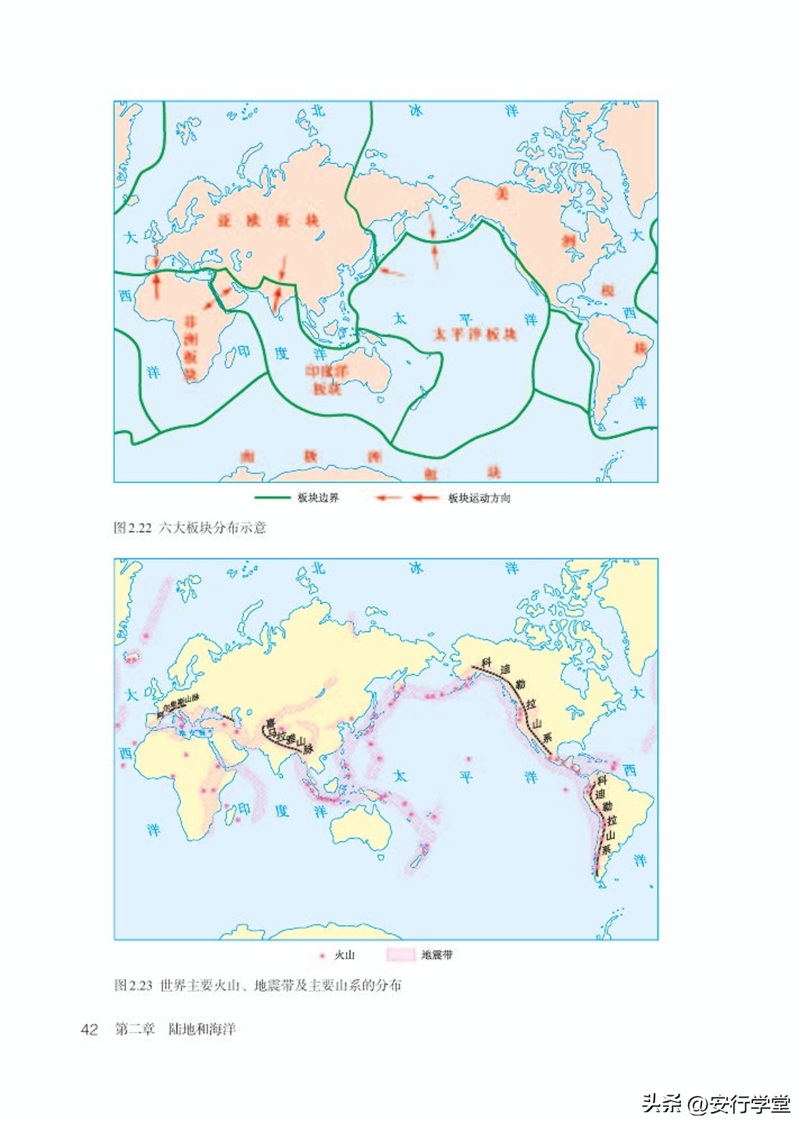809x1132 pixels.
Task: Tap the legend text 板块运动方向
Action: pyautogui.click(x=479, y=498)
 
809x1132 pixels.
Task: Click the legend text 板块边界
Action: pyautogui.click(x=318, y=497)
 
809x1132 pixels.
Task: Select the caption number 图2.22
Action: pyautogui.click(x=132, y=528)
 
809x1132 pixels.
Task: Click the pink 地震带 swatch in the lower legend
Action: pyautogui.click(x=401, y=954)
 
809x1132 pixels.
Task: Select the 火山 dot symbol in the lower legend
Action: pyautogui.click(x=322, y=955)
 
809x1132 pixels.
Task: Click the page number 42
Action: pyautogui.click(x=89, y=1029)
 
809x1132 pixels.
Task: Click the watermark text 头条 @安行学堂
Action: pyautogui.click(x=716, y=1103)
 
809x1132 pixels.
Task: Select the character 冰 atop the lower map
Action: pyautogui.click(x=416, y=569)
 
